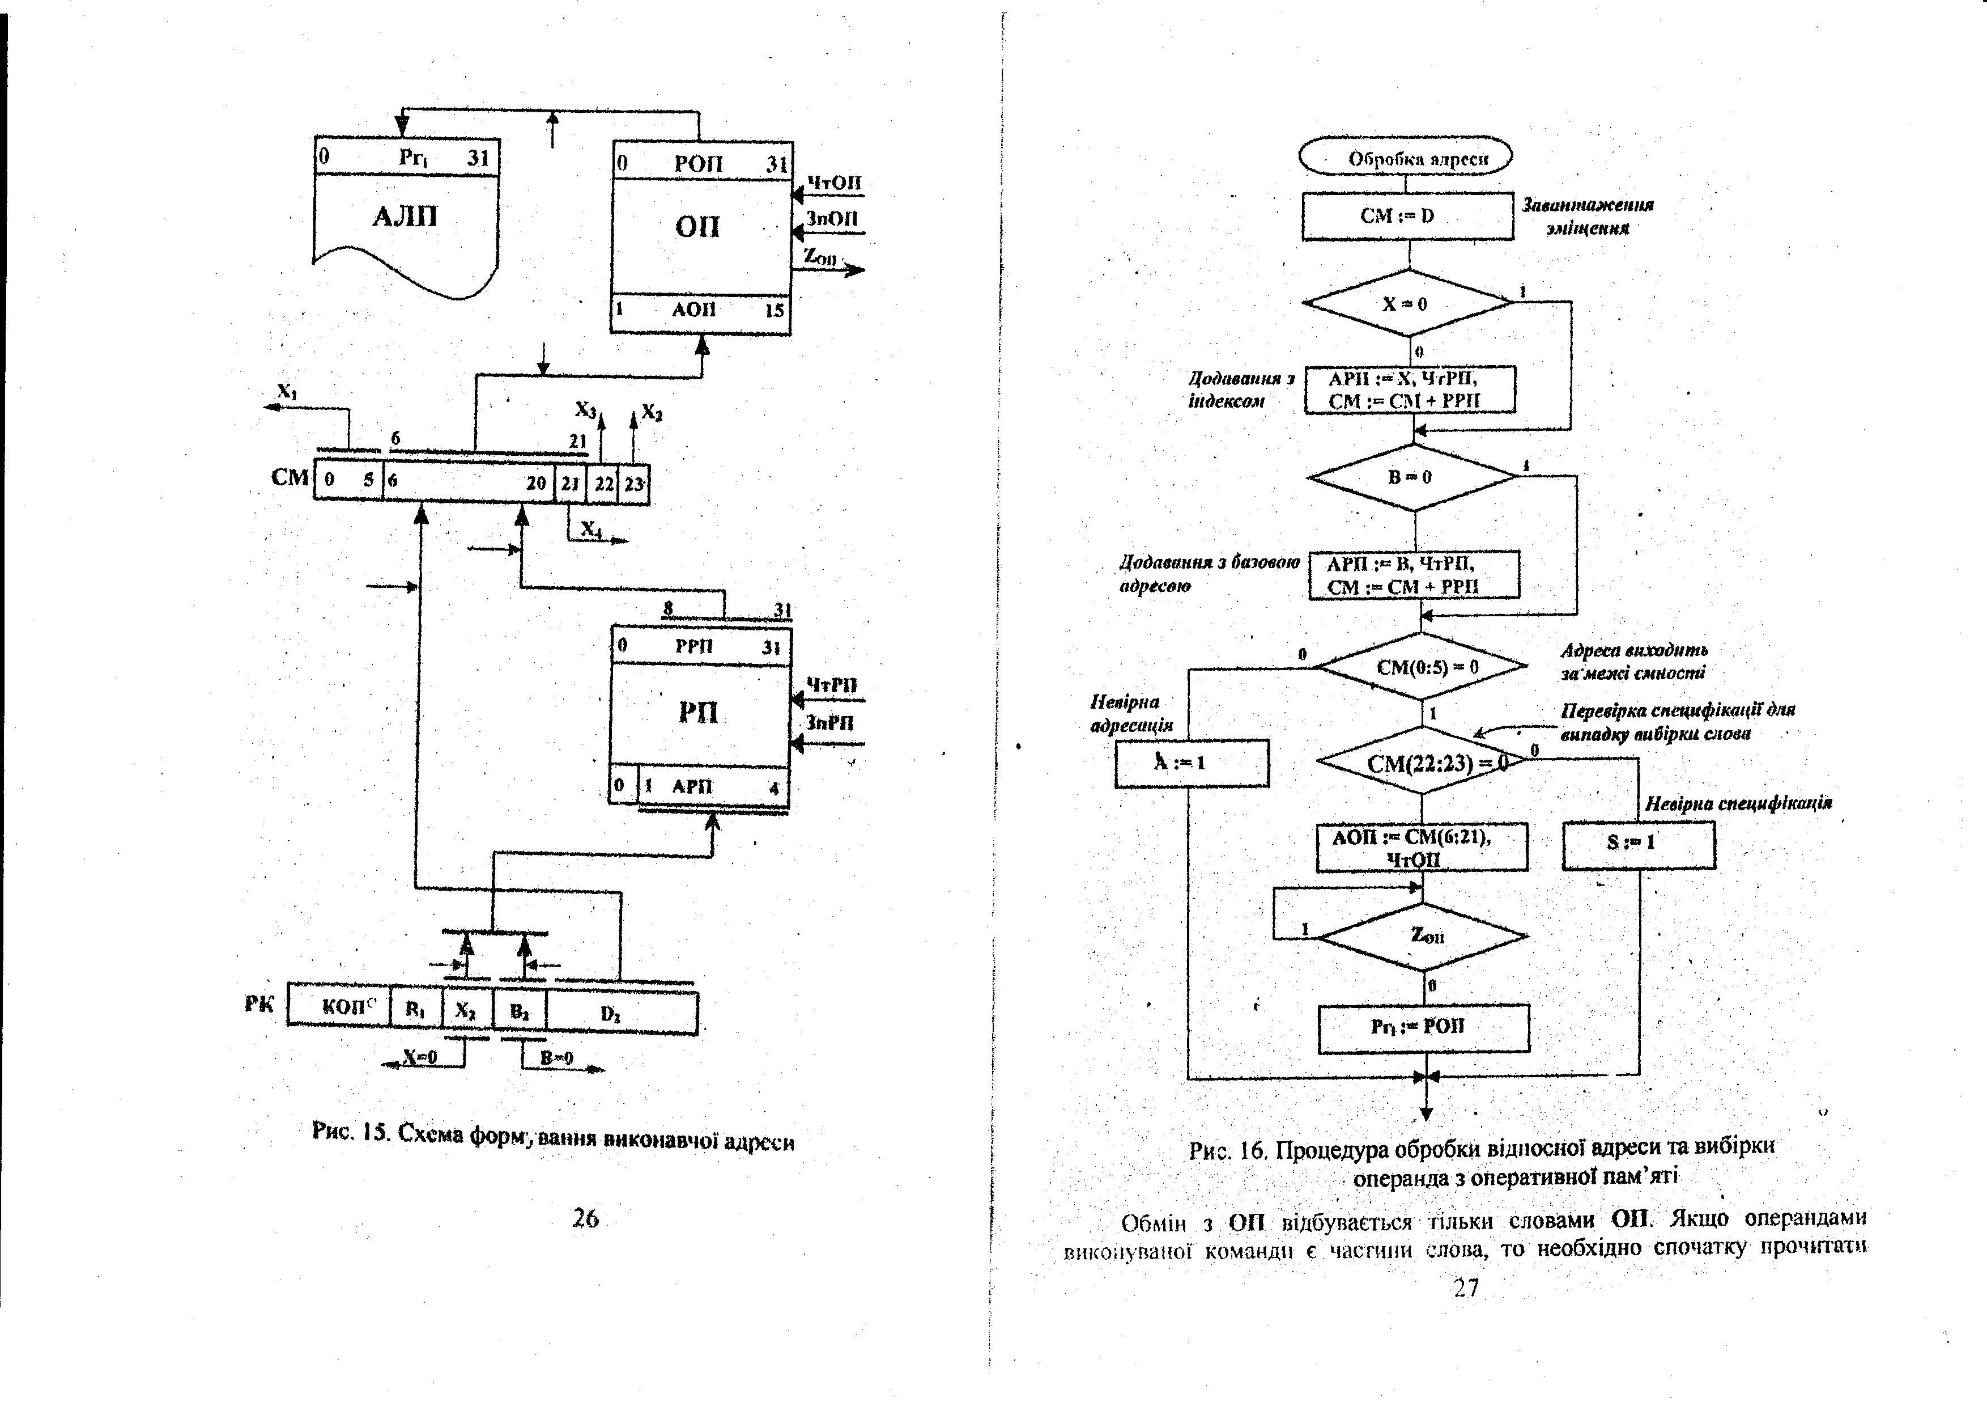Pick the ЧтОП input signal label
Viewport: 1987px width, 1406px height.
833,183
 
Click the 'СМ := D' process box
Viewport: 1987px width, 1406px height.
1407,215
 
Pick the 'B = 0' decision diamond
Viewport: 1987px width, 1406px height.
1411,477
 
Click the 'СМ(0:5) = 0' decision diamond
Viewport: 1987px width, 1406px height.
1422,667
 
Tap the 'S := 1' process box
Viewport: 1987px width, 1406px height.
1637,843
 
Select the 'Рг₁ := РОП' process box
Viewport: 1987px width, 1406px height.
1423,1028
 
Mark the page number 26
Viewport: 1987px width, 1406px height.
586,1218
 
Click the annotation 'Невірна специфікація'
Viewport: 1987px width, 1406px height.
1738,803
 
